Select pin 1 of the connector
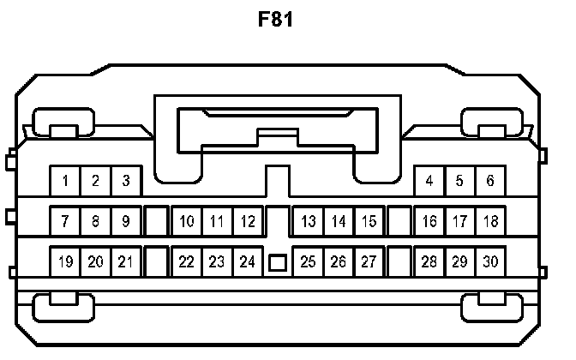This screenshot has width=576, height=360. pos(65,181)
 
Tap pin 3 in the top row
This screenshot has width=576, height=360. pos(125,181)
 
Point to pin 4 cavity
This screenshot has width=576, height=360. pos(429,181)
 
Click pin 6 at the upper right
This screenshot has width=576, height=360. pos(489,181)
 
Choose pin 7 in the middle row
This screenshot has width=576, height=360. pos(65,221)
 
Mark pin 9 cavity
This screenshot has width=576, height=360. pos(125,221)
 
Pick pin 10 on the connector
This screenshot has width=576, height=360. pos(187,221)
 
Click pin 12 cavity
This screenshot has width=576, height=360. pos(247,221)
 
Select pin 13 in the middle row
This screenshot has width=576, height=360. pos(309,221)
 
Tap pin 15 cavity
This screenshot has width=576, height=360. pos(369,221)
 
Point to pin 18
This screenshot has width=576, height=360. pos(489,221)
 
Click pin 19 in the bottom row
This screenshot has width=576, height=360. pos(65,261)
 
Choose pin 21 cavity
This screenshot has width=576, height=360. pos(125,261)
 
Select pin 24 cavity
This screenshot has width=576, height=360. pos(247,261)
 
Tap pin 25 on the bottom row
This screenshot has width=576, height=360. pos(309,261)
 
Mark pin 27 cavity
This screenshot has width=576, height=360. pos(369,261)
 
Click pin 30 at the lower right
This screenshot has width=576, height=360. pos(489,261)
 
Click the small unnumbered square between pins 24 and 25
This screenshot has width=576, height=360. pos(278,261)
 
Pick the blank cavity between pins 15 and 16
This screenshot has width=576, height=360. pos(399,221)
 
